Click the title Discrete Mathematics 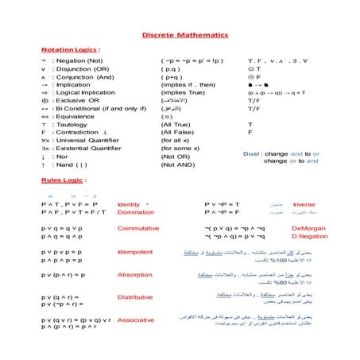click(x=184, y=36)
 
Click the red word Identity click(x=128, y=204)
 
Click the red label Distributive click(x=135, y=298)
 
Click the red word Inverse click(x=304, y=204)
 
